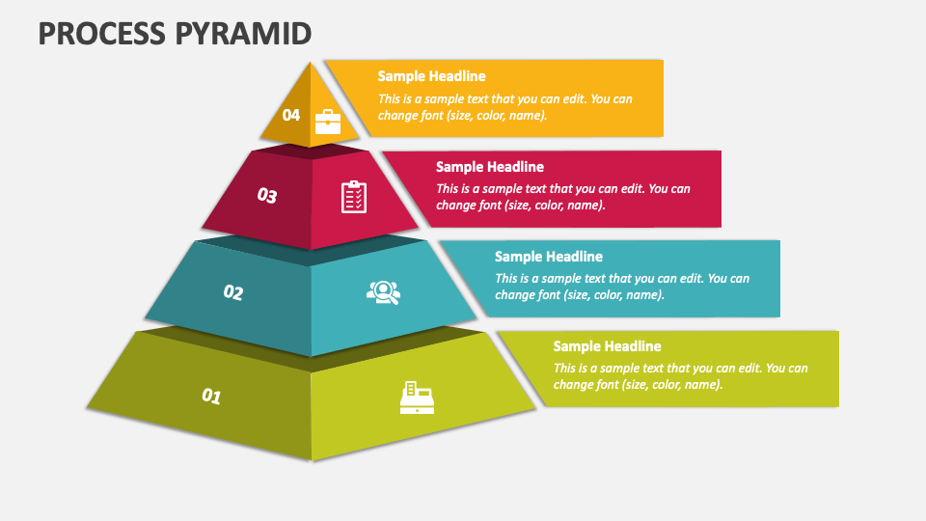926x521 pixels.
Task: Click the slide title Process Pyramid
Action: (x=175, y=33)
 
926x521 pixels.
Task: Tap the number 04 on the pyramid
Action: (x=290, y=115)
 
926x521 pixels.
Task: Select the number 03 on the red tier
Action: (x=267, y=196)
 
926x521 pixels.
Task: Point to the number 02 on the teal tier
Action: (x=233, y=292)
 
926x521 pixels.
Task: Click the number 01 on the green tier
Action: (x=211, y=396)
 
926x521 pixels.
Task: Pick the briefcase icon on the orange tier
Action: (x=328, y=121)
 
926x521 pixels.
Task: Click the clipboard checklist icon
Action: (x=354, y=196)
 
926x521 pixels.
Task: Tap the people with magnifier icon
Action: (x=382, y=292)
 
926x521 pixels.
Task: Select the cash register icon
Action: (x=417, y=398)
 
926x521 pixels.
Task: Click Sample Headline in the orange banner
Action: (x=431, y=76)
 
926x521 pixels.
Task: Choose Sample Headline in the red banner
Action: (x=489, y=167)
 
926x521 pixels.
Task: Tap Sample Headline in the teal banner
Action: (x=548, y=257)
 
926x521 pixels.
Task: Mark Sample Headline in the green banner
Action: (x=607, y=346)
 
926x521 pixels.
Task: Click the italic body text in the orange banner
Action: (x=504, y=107)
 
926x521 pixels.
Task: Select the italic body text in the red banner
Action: (x=562, y=197)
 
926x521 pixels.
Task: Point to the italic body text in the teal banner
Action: (x=621, y=287)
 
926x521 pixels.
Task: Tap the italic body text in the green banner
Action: (x=680, y=376)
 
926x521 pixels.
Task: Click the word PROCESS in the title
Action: (x=101, y=33)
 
